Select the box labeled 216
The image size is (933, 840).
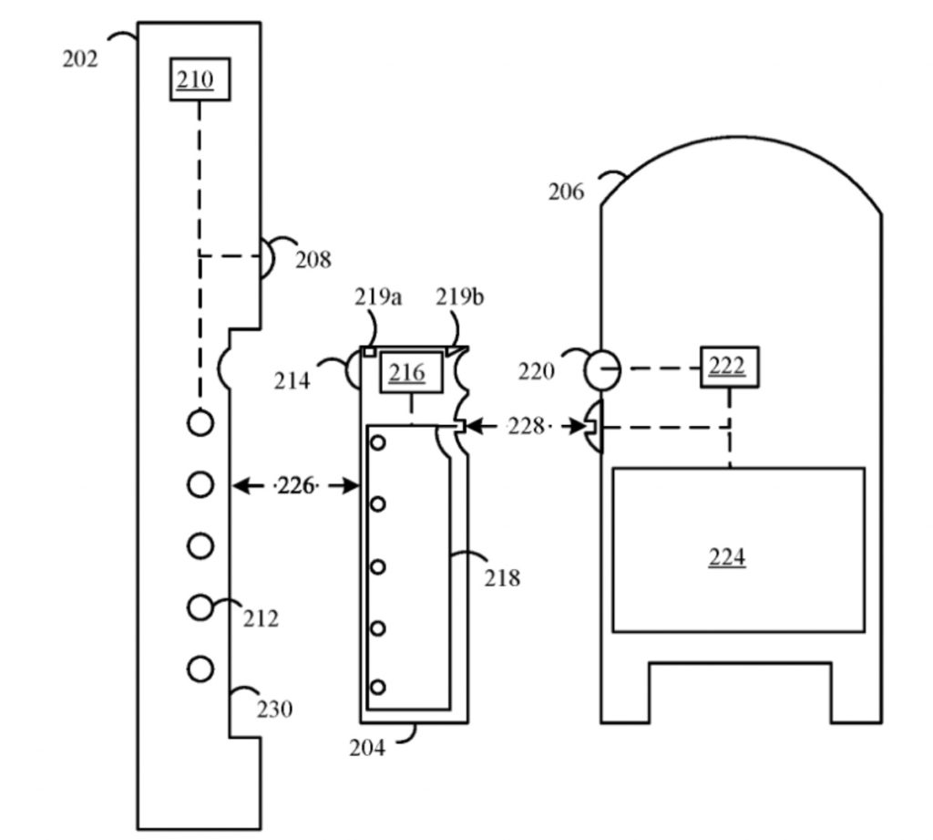click(409, 372)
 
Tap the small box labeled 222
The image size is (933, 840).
click(728, 367)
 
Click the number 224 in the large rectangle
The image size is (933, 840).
click(727, 556)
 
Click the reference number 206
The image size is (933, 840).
click(567, 192)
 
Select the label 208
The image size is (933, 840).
click(313, 260)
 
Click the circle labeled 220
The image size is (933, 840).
click(600, 368)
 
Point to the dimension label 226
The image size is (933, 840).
click(295, 486)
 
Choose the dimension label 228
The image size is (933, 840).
click(526, 426)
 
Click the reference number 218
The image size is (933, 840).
click(502, 577)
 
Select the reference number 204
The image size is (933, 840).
click(367, 748)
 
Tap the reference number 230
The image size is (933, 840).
click(275, 708)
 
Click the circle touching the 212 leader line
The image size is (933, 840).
click(200, 607)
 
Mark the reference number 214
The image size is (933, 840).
click(292, 380)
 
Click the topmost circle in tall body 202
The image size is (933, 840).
click(200, 422)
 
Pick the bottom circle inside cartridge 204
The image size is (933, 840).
click(378, 687)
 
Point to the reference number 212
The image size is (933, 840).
click(261, 619)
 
